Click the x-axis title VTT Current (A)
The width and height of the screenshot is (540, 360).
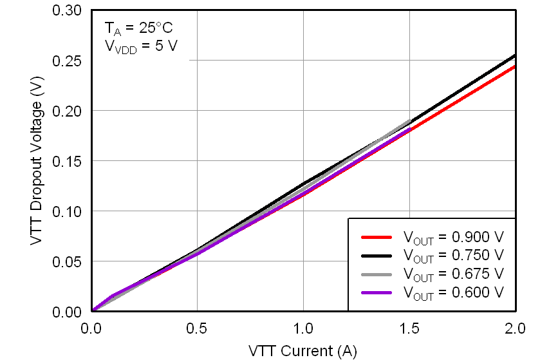302,350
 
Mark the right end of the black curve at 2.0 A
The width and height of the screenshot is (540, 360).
514,55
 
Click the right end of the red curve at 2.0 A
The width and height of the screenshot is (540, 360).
514,66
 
